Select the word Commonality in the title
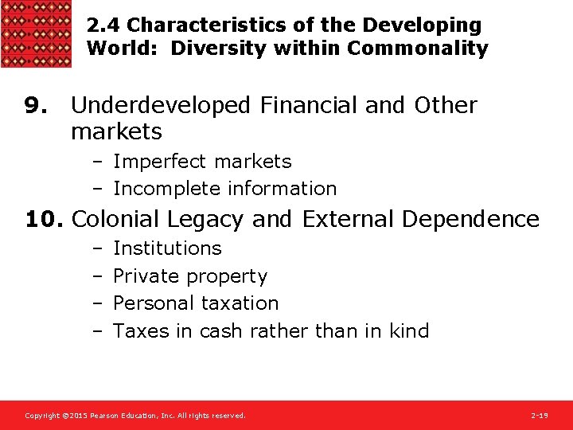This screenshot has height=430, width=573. [418, 49]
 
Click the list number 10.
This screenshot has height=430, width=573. [37, 219]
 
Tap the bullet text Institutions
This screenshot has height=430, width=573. [167, 248]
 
